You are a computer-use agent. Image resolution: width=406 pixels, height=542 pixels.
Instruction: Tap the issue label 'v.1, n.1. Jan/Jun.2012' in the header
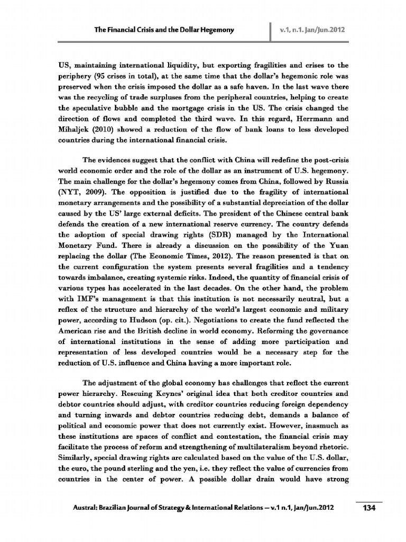tap(313, 30)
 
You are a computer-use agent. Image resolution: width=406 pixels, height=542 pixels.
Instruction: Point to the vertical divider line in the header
tap(270, 30)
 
